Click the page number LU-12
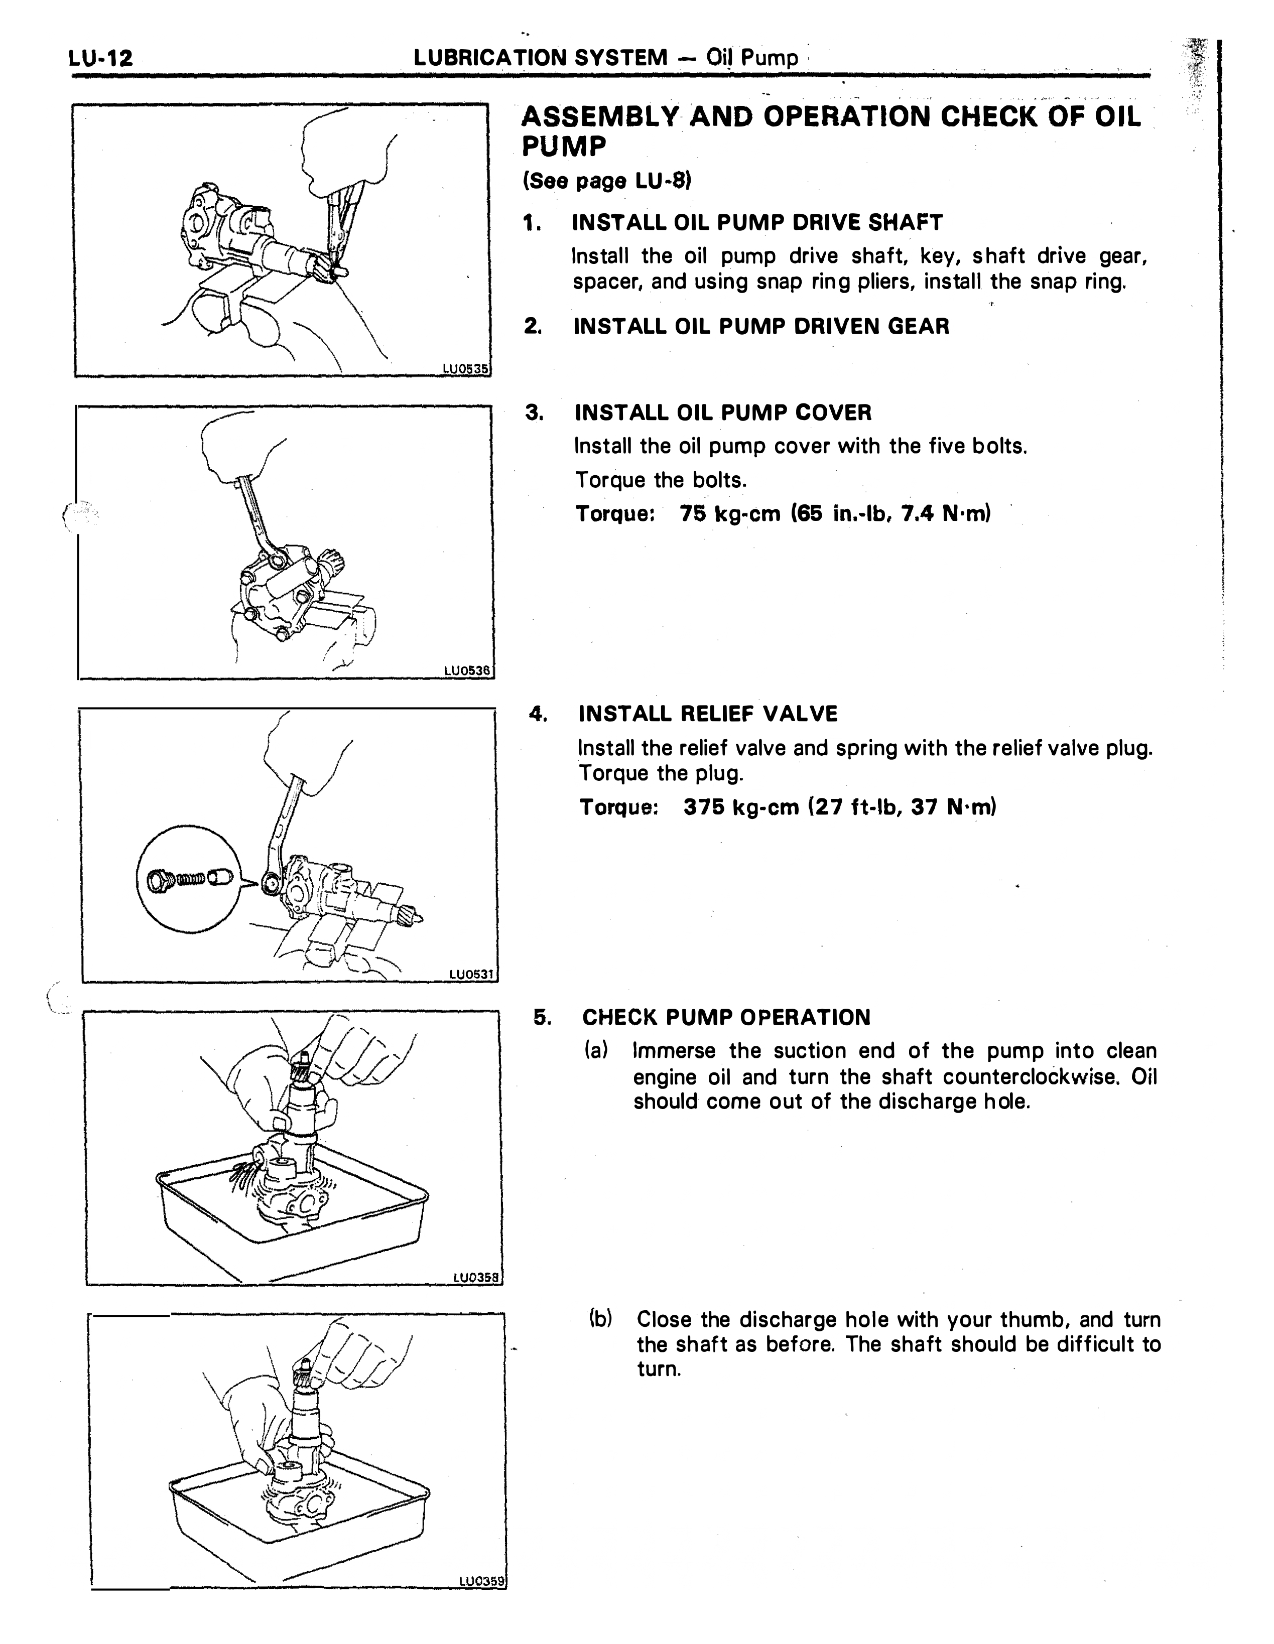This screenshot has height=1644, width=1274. (100, 58)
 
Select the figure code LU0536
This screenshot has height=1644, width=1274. (468, 670)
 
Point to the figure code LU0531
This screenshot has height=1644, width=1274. (471, 974)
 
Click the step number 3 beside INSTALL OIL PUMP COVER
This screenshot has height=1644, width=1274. (534, 413)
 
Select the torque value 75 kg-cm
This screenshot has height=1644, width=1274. (730, 514)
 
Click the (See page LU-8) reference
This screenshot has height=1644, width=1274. (607, 182)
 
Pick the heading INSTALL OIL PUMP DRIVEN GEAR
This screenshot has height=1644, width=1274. (761, 327)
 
